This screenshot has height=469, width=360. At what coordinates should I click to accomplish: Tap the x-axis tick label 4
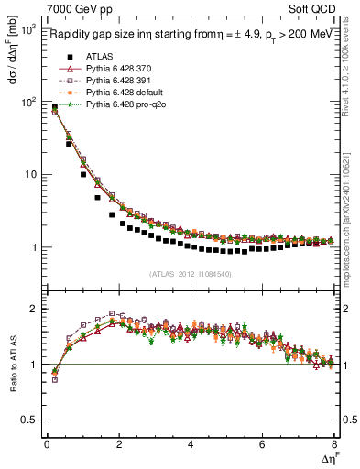[x=191, y=444]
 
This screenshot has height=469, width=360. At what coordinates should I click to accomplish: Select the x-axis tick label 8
[x=333, y=444]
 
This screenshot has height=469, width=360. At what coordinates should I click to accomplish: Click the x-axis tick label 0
[x=47, y=444]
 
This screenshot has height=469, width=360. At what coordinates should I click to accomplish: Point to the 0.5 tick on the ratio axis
[x=29, y=420]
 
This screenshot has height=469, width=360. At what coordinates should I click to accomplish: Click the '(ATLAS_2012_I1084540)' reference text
[x=191, y=274]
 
